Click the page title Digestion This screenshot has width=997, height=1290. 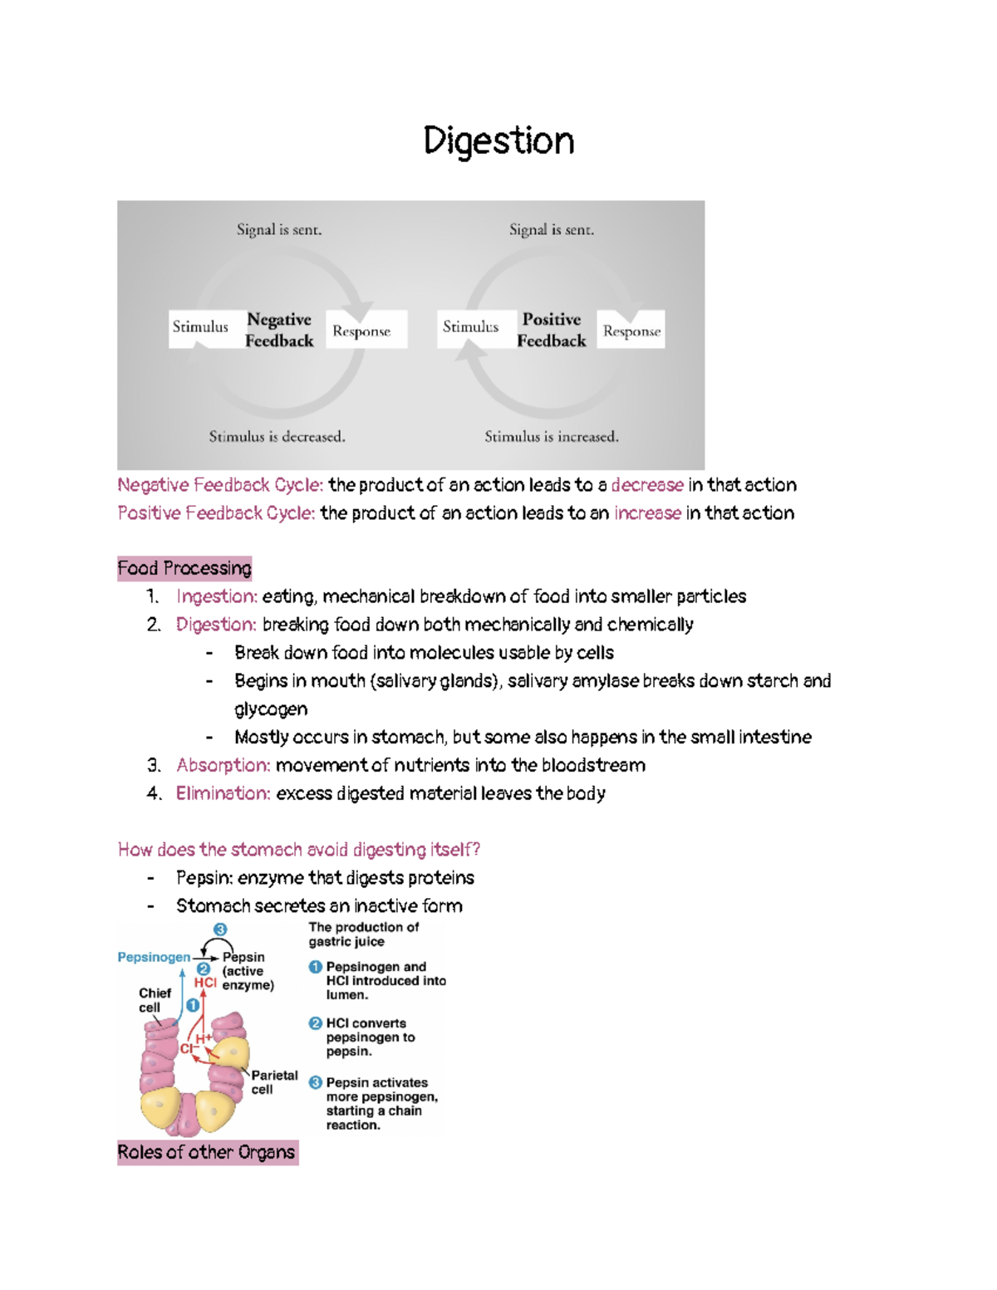coord(498,141)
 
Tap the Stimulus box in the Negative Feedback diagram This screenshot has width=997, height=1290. coord(200,327)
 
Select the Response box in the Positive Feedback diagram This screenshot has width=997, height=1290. coord(631,331)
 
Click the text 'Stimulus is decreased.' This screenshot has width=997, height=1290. coord(277,436)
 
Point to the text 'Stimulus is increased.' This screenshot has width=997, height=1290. coord(552,436)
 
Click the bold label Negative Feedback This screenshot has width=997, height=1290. coord(279,330)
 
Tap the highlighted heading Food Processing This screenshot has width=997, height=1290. coord(184,568)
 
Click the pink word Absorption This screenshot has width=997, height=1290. coord(223,765)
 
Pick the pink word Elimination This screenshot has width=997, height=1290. coord(223,793)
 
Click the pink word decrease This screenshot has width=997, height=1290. coord(647,485)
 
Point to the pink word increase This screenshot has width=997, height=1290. coord(647,513)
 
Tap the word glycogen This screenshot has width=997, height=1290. coord(271,709)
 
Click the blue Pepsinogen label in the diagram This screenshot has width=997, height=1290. coord(154,957)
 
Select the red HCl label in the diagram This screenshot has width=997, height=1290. coord(205,983)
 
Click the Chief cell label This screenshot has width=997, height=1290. coord(155,1000)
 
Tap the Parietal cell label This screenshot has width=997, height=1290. coord(274,1082)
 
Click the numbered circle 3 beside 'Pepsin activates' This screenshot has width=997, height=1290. coord(316,1082)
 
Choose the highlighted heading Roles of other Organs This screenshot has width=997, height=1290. coord(207,1152)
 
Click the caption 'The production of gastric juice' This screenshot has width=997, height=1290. coord(363,934)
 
